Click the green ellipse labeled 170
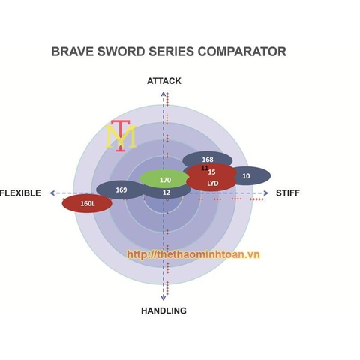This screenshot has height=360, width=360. tap(164, 178)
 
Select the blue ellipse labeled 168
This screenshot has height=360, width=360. tap(207, 159)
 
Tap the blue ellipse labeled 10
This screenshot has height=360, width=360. tap(250, 176)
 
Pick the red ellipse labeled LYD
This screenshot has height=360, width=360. tap(211, 184)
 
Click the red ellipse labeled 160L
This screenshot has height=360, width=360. tap(87, 204)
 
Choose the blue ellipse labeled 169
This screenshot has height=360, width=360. tap(121, 190)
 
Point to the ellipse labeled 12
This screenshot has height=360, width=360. tap(166, 193)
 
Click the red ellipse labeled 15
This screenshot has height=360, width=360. tap(211, 172)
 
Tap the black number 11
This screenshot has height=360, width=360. tap(205, 168)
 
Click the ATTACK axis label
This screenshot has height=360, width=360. tap(164, 81)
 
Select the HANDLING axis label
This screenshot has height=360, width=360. tap(163, 310)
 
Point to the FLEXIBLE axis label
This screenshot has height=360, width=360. tap(20, 193)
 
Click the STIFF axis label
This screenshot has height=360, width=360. tap(288, 193)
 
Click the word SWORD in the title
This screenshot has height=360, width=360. tap(121, 52)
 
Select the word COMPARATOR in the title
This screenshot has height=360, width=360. tap(242, 52)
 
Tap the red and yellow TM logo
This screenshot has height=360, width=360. tap(121, 136)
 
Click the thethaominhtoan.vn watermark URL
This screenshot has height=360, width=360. tap(193, 254)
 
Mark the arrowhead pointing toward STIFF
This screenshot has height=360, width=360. tap(266, 193)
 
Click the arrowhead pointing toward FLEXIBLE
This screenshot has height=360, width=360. tap(52, 193)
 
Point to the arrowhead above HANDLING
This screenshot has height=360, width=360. tap(163, 298)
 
